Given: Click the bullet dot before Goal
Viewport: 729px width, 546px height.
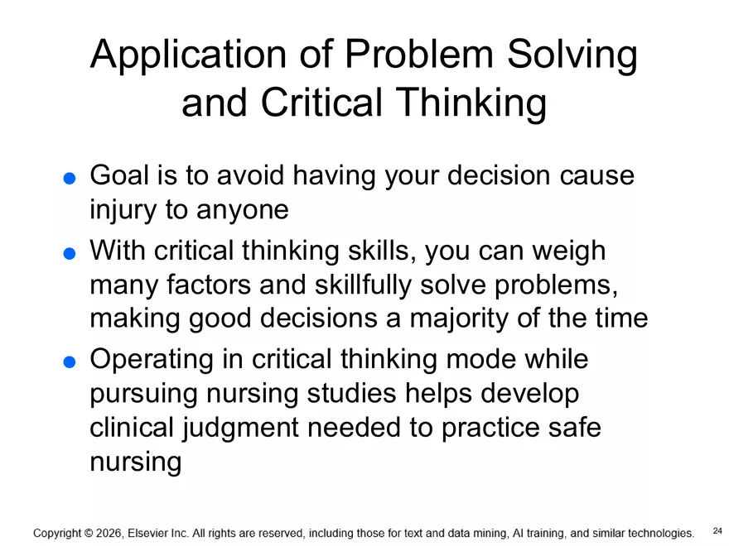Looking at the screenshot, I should (x=70, y=178).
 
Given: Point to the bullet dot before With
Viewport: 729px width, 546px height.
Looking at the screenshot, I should (x=70, y=253).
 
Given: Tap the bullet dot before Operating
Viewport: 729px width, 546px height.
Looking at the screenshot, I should (x=70, y=362).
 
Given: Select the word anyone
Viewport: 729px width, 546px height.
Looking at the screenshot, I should (x=242, y=210).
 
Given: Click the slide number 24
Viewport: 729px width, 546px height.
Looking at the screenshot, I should (x=717, y=530).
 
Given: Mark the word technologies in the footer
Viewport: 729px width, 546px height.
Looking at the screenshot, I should (x=654, y=534).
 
